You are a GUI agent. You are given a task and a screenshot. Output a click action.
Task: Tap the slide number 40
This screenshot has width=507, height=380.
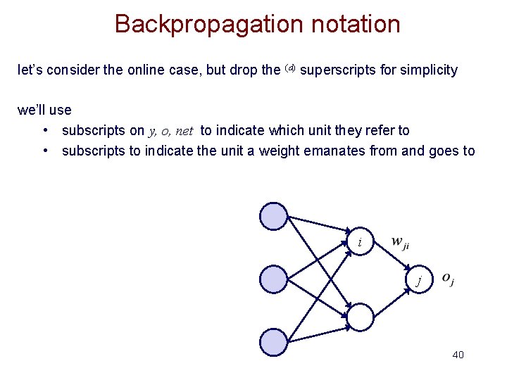[x=458, y=354]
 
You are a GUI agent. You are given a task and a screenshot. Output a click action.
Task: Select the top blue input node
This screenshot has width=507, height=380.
[x=274, y=216]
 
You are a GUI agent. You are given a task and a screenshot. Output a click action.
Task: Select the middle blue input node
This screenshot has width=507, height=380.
[x=274, y=279]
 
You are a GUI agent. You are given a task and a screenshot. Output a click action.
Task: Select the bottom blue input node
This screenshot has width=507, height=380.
[x=274, y=343]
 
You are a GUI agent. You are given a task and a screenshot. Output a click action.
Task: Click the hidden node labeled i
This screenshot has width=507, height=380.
[x=360, y=242]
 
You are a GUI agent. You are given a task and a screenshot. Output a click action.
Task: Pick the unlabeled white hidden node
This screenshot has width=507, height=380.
[x=360, y=317]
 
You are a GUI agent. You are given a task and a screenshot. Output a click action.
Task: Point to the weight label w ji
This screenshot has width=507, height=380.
[x=400, y=243]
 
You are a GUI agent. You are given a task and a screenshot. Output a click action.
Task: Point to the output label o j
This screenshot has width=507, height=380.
[x=448, y=279]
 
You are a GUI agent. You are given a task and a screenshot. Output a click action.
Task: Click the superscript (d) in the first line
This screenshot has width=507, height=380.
[x=291, y=68]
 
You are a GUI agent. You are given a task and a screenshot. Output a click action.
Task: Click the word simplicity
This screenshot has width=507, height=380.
[x=427, y=70]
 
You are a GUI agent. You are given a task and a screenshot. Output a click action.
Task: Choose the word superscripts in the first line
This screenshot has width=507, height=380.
[x=336, y=70]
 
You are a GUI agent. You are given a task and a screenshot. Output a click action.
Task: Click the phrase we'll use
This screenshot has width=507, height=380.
[x=44, y=110]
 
